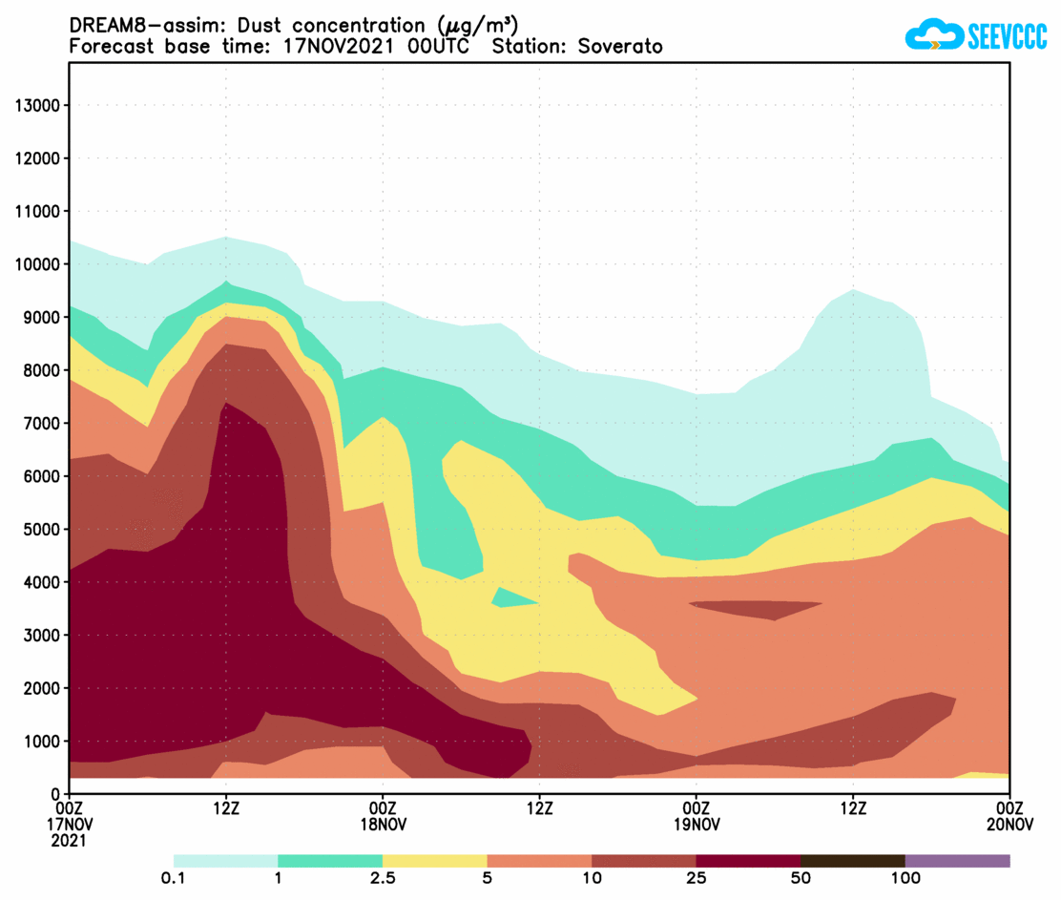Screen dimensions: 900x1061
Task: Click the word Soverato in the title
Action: click(x=620, y=46)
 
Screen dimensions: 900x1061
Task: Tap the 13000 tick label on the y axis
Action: click(x=39, y=106)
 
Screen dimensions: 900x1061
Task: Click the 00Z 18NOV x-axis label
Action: click(x=383, y=816)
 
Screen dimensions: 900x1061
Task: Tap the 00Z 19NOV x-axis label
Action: click(x=697, y=816)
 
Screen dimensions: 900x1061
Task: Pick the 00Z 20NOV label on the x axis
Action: click(x=1009, y=816)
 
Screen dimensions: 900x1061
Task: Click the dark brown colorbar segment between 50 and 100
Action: click(x=852, y=861)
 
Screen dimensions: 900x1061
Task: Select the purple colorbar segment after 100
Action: click(x=957, y=861)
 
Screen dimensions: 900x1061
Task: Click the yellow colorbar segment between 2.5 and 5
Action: click(x=434, y=861)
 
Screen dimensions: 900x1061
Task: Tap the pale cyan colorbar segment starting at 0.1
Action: click(x=225, y=861)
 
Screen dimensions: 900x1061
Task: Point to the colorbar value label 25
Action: click(x=697, y=878)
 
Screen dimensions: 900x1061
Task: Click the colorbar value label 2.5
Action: click(x=383, y=878)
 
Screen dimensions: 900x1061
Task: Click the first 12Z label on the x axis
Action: click(x=226, y=807)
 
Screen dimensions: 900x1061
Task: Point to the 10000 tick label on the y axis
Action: click(x=39, y=264)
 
